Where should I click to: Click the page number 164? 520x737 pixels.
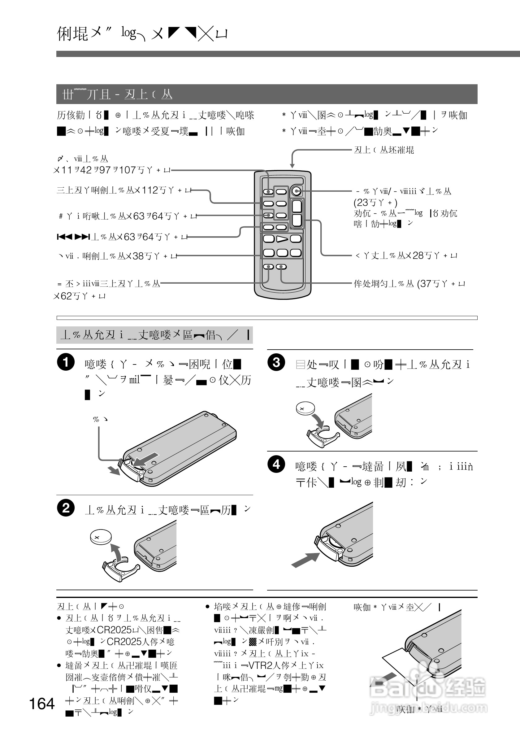42,704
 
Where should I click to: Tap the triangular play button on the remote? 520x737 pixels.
282,238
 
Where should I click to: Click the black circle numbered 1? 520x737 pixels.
66,362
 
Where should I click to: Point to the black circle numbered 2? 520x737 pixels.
66,508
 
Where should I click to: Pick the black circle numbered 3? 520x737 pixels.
276,362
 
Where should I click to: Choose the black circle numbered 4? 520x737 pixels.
276,464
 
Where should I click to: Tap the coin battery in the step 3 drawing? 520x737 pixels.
305,409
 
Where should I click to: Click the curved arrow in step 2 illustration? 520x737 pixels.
117,552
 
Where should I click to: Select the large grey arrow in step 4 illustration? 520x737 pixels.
305,560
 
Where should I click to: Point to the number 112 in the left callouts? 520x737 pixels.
150,190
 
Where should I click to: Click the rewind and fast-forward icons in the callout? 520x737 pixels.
73,237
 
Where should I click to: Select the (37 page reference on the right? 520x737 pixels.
424,284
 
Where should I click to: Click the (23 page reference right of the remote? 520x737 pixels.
361,203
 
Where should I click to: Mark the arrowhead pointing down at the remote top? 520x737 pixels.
292,165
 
